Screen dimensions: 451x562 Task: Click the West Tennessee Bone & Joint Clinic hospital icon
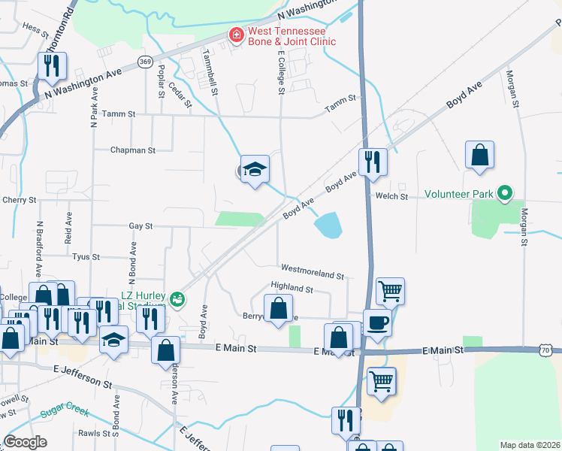click(x=236, y=35)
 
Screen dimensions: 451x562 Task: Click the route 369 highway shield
click(x=145, y=60)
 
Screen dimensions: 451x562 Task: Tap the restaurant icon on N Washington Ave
click(x=52, y=67)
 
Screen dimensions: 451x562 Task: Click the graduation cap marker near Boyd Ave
click(x=255, y=170)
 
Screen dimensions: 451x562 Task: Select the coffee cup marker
click(x=376, y=323)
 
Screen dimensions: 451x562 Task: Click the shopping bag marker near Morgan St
click(x=479, y=156)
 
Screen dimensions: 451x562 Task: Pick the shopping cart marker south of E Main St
click(x=381, y=382)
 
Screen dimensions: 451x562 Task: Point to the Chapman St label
click(x=132, y=150)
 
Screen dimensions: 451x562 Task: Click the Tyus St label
click(x=86, y=256)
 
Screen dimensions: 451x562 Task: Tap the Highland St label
click(x=292, y=288)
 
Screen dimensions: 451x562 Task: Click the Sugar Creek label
click(x=66, y=413)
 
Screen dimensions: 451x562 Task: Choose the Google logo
click(x=25, y=442)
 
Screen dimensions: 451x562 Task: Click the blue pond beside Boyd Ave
click(x=328, y=224)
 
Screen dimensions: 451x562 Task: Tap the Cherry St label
click(x=20, y=200)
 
